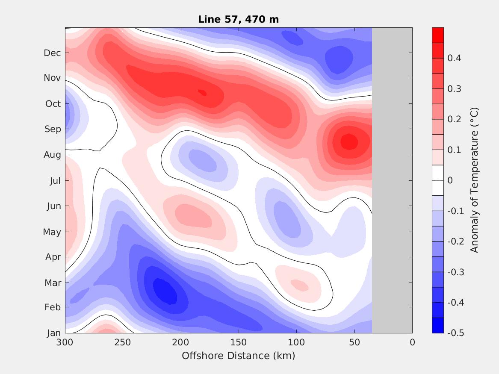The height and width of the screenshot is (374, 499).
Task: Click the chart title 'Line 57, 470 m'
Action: (239, 19)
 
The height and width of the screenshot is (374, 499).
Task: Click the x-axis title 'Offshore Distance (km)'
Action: (238, 356)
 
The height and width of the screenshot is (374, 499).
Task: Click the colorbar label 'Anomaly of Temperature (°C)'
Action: (474, 180)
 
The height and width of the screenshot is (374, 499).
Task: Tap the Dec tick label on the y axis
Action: (53, 53)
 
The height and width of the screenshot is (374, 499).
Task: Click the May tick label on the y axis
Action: (52, 232)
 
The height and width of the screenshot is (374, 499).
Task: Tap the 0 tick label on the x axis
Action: (412, 342)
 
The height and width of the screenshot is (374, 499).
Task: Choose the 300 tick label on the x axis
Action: (65, 342)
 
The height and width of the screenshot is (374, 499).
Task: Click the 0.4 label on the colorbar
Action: (454, 58)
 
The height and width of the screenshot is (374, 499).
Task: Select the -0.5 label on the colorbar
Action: (455, 333)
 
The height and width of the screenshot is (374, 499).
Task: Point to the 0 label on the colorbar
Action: (450, 180)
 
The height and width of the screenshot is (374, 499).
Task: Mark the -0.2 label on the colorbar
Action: (455, 241)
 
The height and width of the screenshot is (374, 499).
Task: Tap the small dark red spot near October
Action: (202, 92)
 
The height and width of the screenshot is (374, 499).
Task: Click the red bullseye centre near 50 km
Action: (349, 141)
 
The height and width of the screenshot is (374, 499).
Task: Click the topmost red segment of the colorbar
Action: (438, 35)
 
